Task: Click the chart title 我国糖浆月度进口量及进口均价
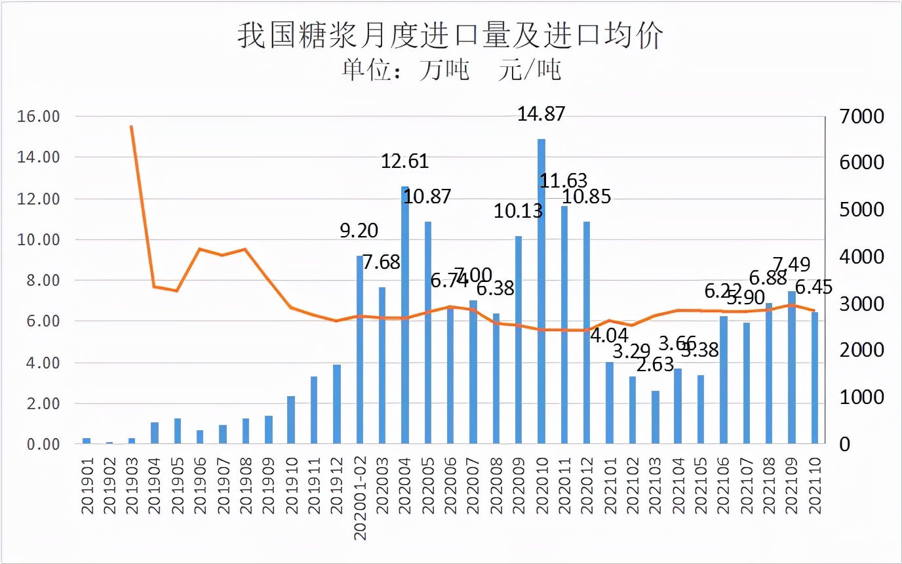(450, 36)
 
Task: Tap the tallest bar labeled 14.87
(541, 291)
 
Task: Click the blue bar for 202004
(405, 315)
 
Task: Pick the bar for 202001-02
(360, 350)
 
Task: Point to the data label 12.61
(405, 161)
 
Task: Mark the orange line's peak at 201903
(132, 126)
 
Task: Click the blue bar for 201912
(337, 404)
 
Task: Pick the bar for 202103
(656, 417)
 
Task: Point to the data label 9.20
(359, 231)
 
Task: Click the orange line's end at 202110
(815, 311)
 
